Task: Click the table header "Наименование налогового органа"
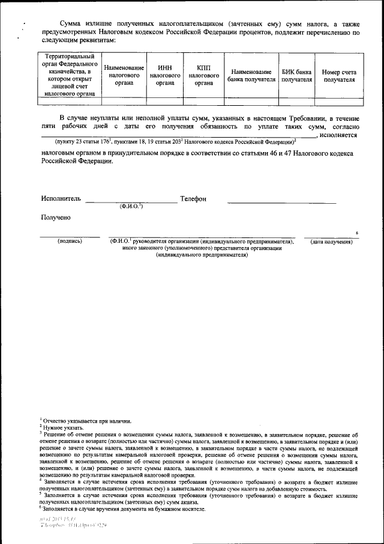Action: pos(124,76)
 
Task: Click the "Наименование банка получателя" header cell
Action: pos(251,76)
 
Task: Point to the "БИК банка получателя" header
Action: pos(297,76)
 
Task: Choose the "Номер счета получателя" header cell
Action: pos(339,76)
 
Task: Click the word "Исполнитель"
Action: pos(61,198)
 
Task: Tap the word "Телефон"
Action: pos(193,198)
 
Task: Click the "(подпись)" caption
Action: pos(70,241)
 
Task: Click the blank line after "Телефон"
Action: pos(282,202)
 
